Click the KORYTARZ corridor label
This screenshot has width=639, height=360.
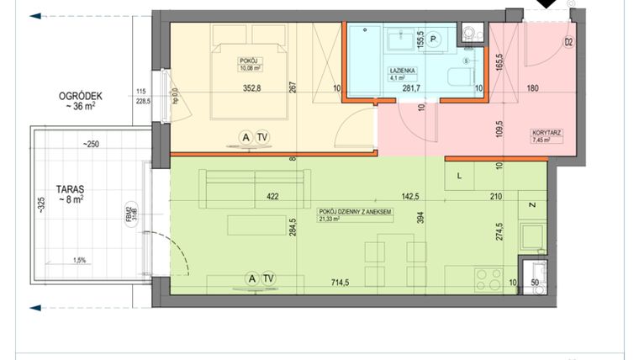tap(547, 133)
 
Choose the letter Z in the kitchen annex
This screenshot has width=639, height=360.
tap(532, 204)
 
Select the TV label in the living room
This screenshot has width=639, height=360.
tap(268, 278)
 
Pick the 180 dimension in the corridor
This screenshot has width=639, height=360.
tap(533, 87)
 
